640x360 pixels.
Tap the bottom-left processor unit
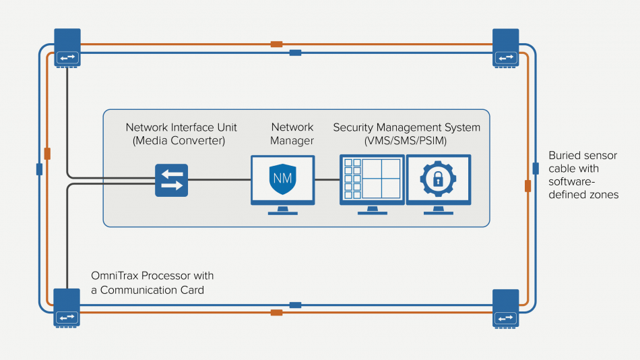(x=67, y=307)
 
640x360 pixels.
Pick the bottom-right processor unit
(x=505, y=307)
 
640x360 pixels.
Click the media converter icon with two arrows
(x=171, y=179)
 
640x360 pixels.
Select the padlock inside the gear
(x=438, y=179)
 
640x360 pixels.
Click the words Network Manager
(x=292, y=133)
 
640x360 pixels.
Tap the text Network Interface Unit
(x=181, y=127)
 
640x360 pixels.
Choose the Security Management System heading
(x=407, y=127)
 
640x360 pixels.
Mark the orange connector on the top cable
(x=276, y=44)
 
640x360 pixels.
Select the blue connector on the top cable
(x=295, y=53)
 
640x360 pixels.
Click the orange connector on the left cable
(x=46, y=153)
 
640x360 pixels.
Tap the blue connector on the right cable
(x=536, y=168)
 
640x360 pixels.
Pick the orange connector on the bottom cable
(x=276, y=312)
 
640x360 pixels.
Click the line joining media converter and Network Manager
(x=219, y=179)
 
